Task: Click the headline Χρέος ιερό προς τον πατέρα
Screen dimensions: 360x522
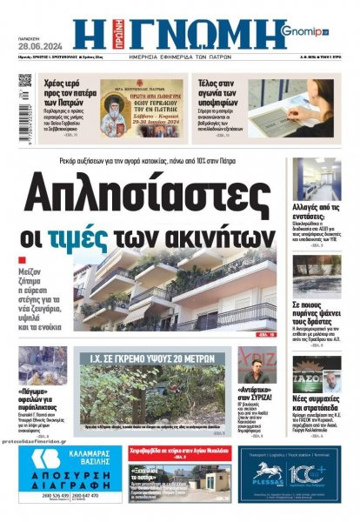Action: [66, 89]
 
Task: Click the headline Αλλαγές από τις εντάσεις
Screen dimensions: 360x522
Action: [316, 214]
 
